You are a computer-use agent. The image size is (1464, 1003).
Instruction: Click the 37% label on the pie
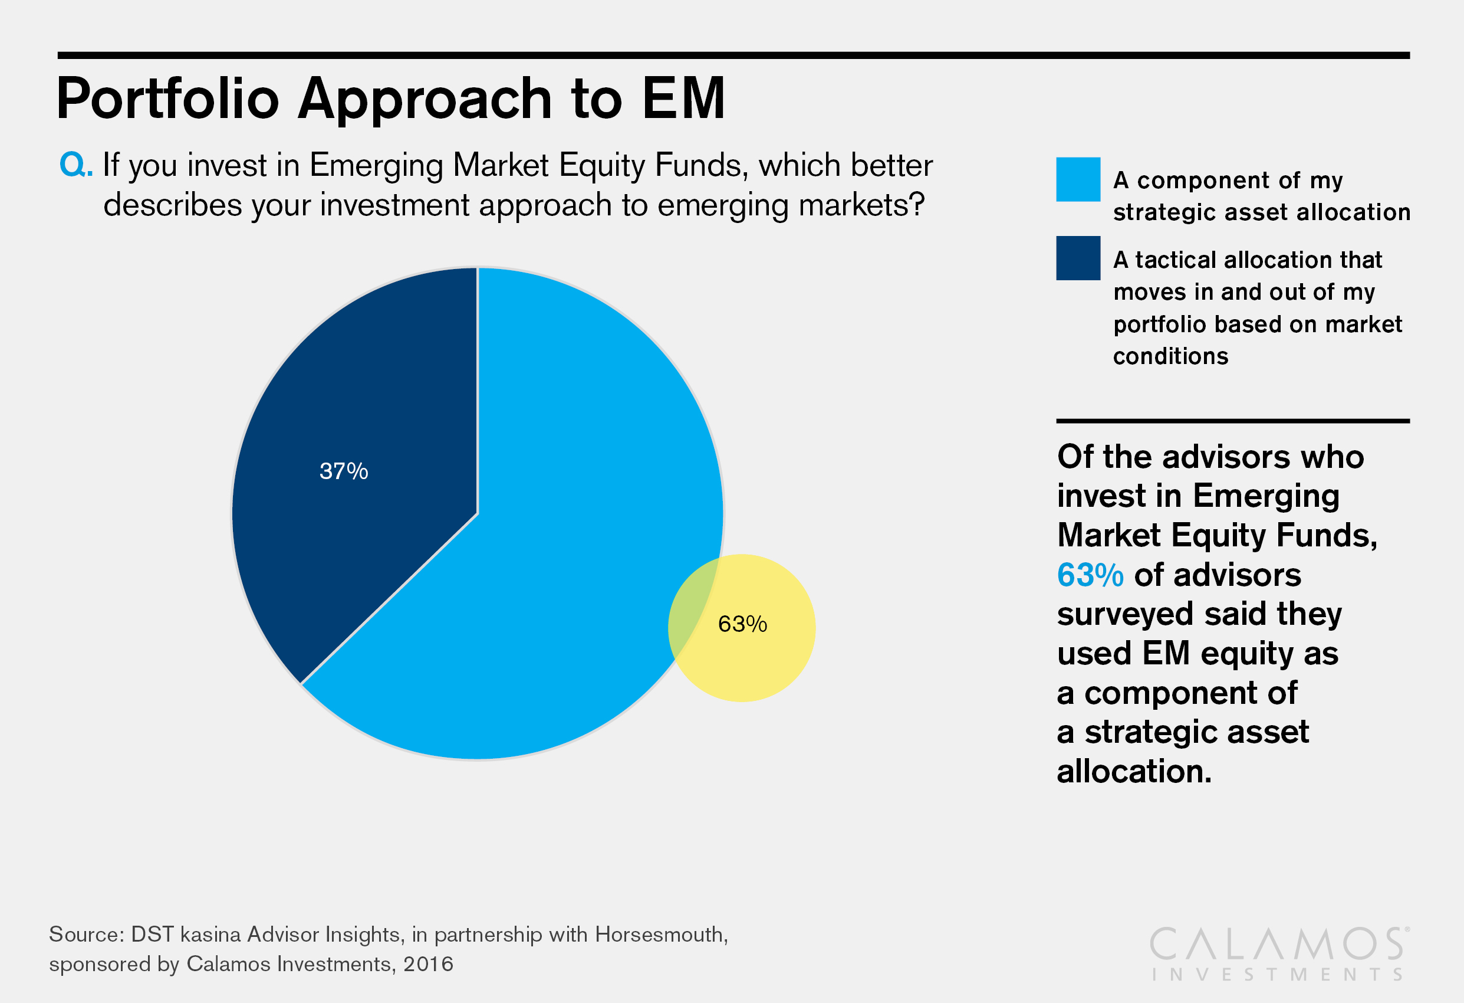tap(343, 471)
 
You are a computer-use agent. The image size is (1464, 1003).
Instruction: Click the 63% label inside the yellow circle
tap(742, 624)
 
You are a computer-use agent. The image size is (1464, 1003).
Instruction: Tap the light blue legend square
tap(1078, 180)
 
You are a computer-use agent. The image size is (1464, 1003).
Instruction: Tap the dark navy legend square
tap(1078, 258)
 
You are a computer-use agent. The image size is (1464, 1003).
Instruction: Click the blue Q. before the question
tap(75, 165)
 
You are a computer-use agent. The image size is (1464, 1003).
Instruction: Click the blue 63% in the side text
tap(1090, 575)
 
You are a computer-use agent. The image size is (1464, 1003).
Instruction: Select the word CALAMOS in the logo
tap(1278, 945)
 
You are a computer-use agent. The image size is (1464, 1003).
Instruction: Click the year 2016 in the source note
tap(429, 964)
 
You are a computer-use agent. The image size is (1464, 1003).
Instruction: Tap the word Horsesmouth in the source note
tap(661, 935)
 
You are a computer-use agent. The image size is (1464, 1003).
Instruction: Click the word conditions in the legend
tap(1170, 356)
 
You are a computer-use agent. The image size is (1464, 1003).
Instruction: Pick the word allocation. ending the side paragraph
tap(1134, 771)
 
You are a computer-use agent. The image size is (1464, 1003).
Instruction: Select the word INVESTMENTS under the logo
tap(1278, 975)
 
